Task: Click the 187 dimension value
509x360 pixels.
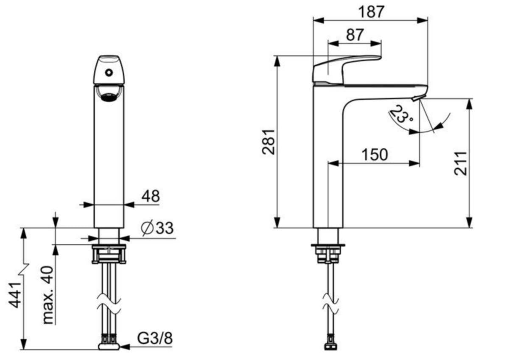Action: [371, 12]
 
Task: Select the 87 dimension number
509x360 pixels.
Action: [355, 34]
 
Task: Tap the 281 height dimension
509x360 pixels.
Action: [268, 142]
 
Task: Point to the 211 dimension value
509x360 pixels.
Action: [460, 164]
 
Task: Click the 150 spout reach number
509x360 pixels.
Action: [375, 155]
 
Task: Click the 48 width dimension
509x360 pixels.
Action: [151, 196]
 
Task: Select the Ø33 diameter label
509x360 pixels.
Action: [157, 228]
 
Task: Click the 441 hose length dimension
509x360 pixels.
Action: [14, 295]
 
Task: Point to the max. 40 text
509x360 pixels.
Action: [48, 295]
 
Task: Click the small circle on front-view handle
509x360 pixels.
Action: [109, 73]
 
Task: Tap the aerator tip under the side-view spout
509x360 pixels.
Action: [416, 98]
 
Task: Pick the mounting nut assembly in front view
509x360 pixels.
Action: [109, 254]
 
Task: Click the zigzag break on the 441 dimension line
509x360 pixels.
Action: [24, 270]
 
